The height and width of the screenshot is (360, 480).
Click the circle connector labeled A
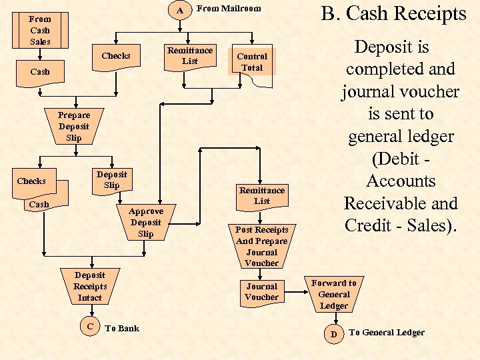tap(180, 10)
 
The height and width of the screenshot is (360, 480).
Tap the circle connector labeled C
tap(90, 326)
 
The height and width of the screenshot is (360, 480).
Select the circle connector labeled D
tap(334, 333)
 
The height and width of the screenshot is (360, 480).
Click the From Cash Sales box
tap(39, 30)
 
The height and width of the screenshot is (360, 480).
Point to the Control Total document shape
tap(252, 63)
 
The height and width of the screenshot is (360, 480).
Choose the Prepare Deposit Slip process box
tap(73, 126)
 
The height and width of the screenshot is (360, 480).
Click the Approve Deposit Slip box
tap(145, 222)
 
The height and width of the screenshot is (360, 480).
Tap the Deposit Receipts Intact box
tap(89, 286)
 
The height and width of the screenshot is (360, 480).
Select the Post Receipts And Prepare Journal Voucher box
tap(261, 246)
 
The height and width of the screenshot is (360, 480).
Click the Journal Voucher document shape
tap(261, 292)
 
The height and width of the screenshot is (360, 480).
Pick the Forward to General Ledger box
tap(333, 294)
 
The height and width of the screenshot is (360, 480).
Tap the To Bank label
tap(122, 328)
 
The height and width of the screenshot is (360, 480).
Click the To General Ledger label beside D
tap(386, 333)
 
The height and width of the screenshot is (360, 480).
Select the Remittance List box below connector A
tap(190, 56)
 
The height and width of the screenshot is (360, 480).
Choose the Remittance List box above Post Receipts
tap(262, 195)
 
